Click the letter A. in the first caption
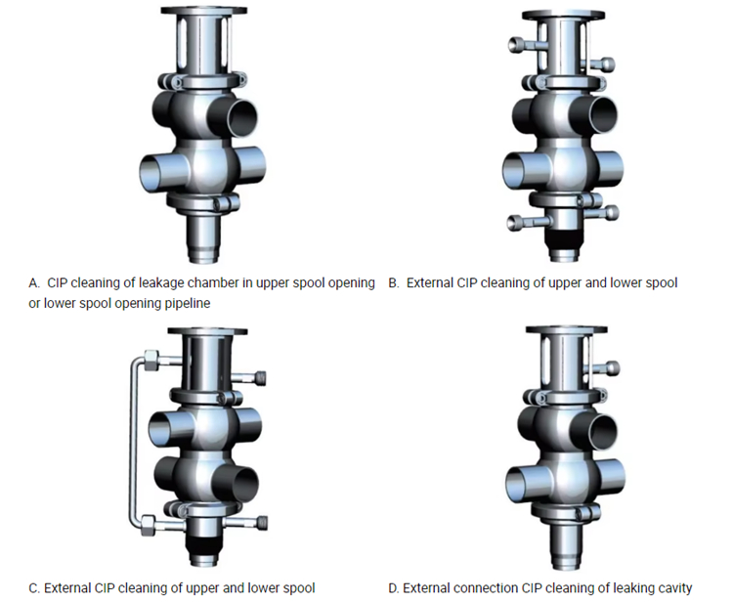click(34, 283)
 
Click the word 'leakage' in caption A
click(160, 283)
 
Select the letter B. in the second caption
click(394, 283)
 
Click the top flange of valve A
click(204, 11)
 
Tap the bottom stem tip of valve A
click(203, 257)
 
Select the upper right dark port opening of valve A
click(243, 117)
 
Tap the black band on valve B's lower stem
click(564, 239)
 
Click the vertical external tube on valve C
click(133, 441)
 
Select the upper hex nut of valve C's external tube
click(151, 361)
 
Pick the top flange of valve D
click(567, 329)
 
